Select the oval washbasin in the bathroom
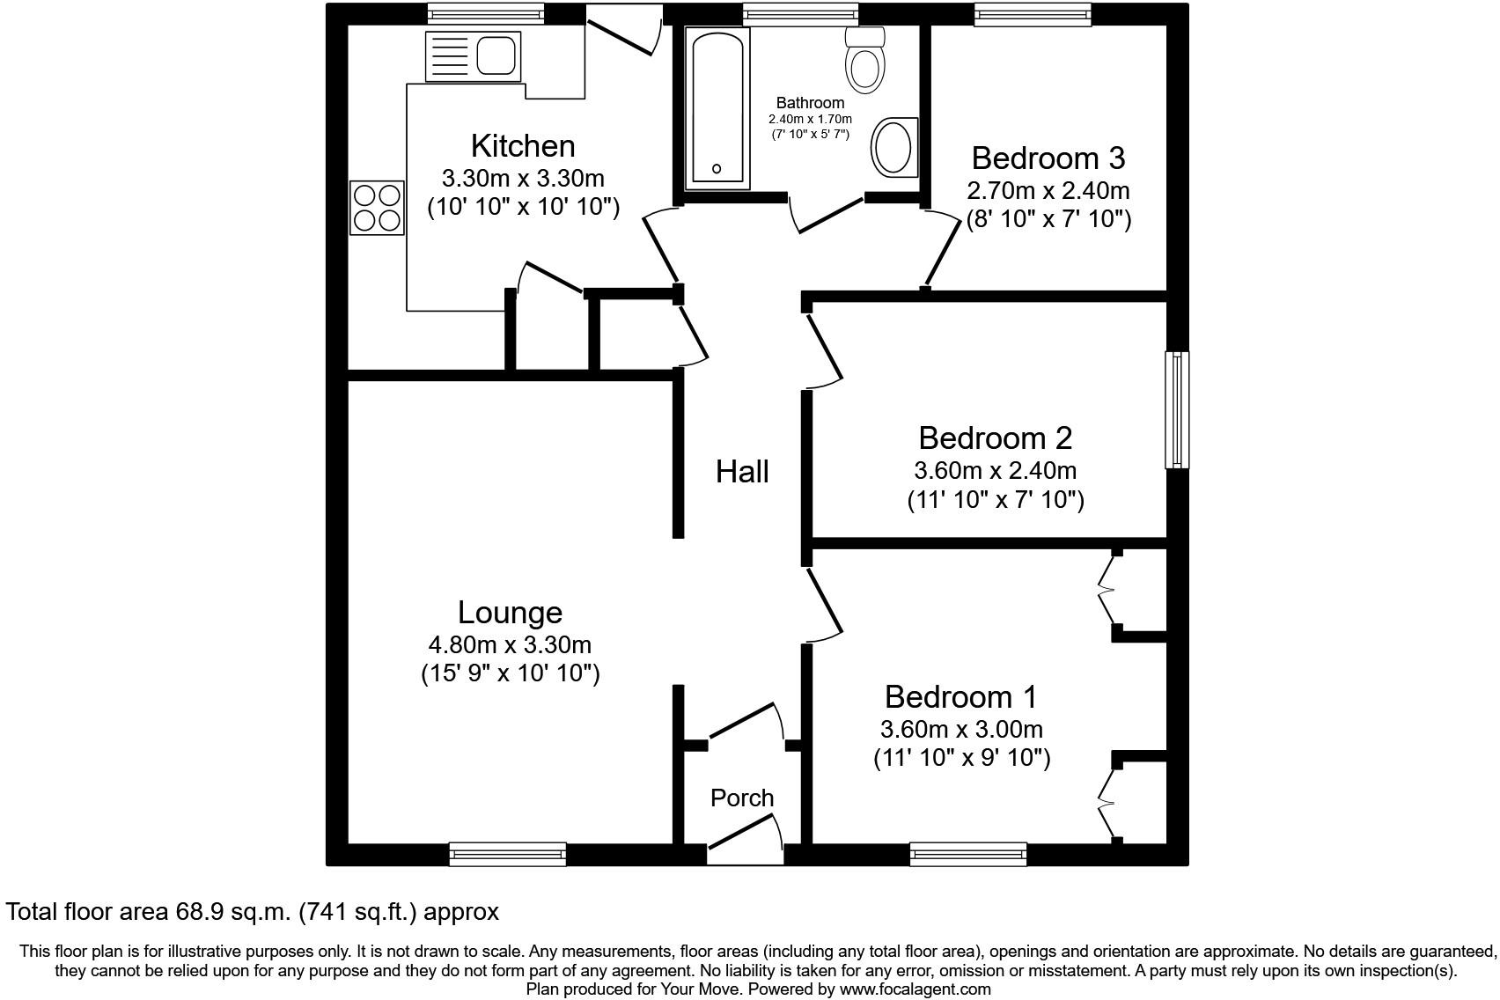click(893, 148)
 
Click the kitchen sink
click(496, 56)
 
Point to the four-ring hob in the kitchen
click(378, 207)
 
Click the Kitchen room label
click(523, 145)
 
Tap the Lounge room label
click(510, 612)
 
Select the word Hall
click(742, 472)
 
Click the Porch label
click(742, 798)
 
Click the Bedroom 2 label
click(995, 437)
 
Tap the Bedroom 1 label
click(960, 696)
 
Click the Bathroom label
click(810, 103)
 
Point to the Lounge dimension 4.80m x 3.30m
click(510, 645)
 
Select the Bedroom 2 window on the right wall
click(1177, 409)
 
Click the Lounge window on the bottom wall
click(507, 853)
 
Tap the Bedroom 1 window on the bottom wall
click(967, 853)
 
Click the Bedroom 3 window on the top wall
click(1033, 13)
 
